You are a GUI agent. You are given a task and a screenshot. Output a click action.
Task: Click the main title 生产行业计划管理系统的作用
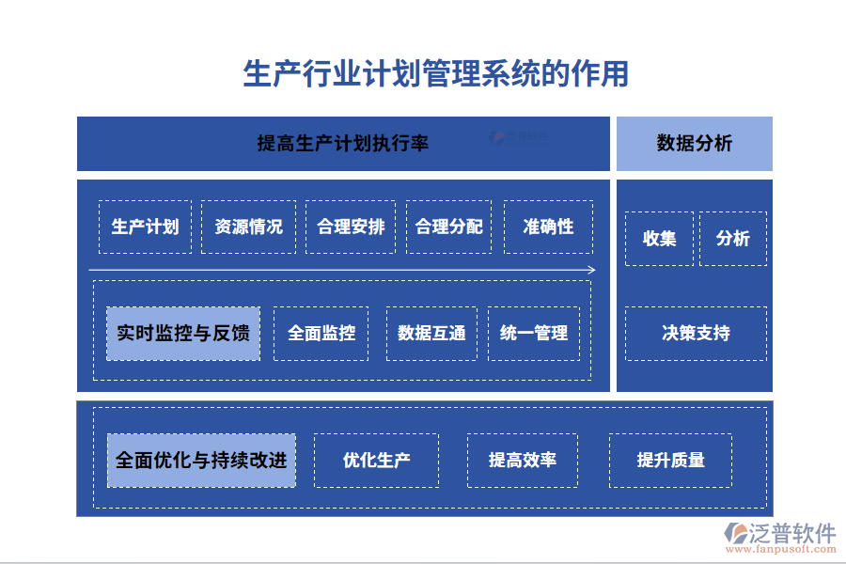(435, 73)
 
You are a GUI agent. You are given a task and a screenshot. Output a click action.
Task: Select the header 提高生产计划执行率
(342, 144)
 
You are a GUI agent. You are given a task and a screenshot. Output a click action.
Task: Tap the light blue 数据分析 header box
(694, 144)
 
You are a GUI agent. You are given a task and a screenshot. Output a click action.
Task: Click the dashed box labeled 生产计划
(145, 227)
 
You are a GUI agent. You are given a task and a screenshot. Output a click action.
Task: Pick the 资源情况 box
(248, 227)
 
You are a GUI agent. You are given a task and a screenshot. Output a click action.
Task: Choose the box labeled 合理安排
(351, 227)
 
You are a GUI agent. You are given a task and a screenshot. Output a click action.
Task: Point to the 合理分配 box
(448, 227)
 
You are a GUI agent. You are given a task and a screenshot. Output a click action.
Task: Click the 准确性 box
(548, 227)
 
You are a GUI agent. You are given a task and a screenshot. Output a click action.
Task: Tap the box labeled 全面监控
(321, 334)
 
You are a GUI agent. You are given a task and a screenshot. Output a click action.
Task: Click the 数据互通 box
(431, 334)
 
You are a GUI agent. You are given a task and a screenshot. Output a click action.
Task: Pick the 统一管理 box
(533, 334)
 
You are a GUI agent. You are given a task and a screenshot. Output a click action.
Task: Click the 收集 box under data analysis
(659, 239)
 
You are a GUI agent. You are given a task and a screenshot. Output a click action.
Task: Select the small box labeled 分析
(732, 239)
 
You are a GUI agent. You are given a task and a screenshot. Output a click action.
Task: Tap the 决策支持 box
(696, 334)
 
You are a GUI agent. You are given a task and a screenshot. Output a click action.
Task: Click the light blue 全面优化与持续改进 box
(201, 461)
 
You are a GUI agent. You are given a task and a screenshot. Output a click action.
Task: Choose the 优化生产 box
(376, 461)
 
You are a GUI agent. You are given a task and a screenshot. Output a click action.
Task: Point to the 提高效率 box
(522, 461)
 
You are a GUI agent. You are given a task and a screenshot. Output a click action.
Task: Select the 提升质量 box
(670, 461)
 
